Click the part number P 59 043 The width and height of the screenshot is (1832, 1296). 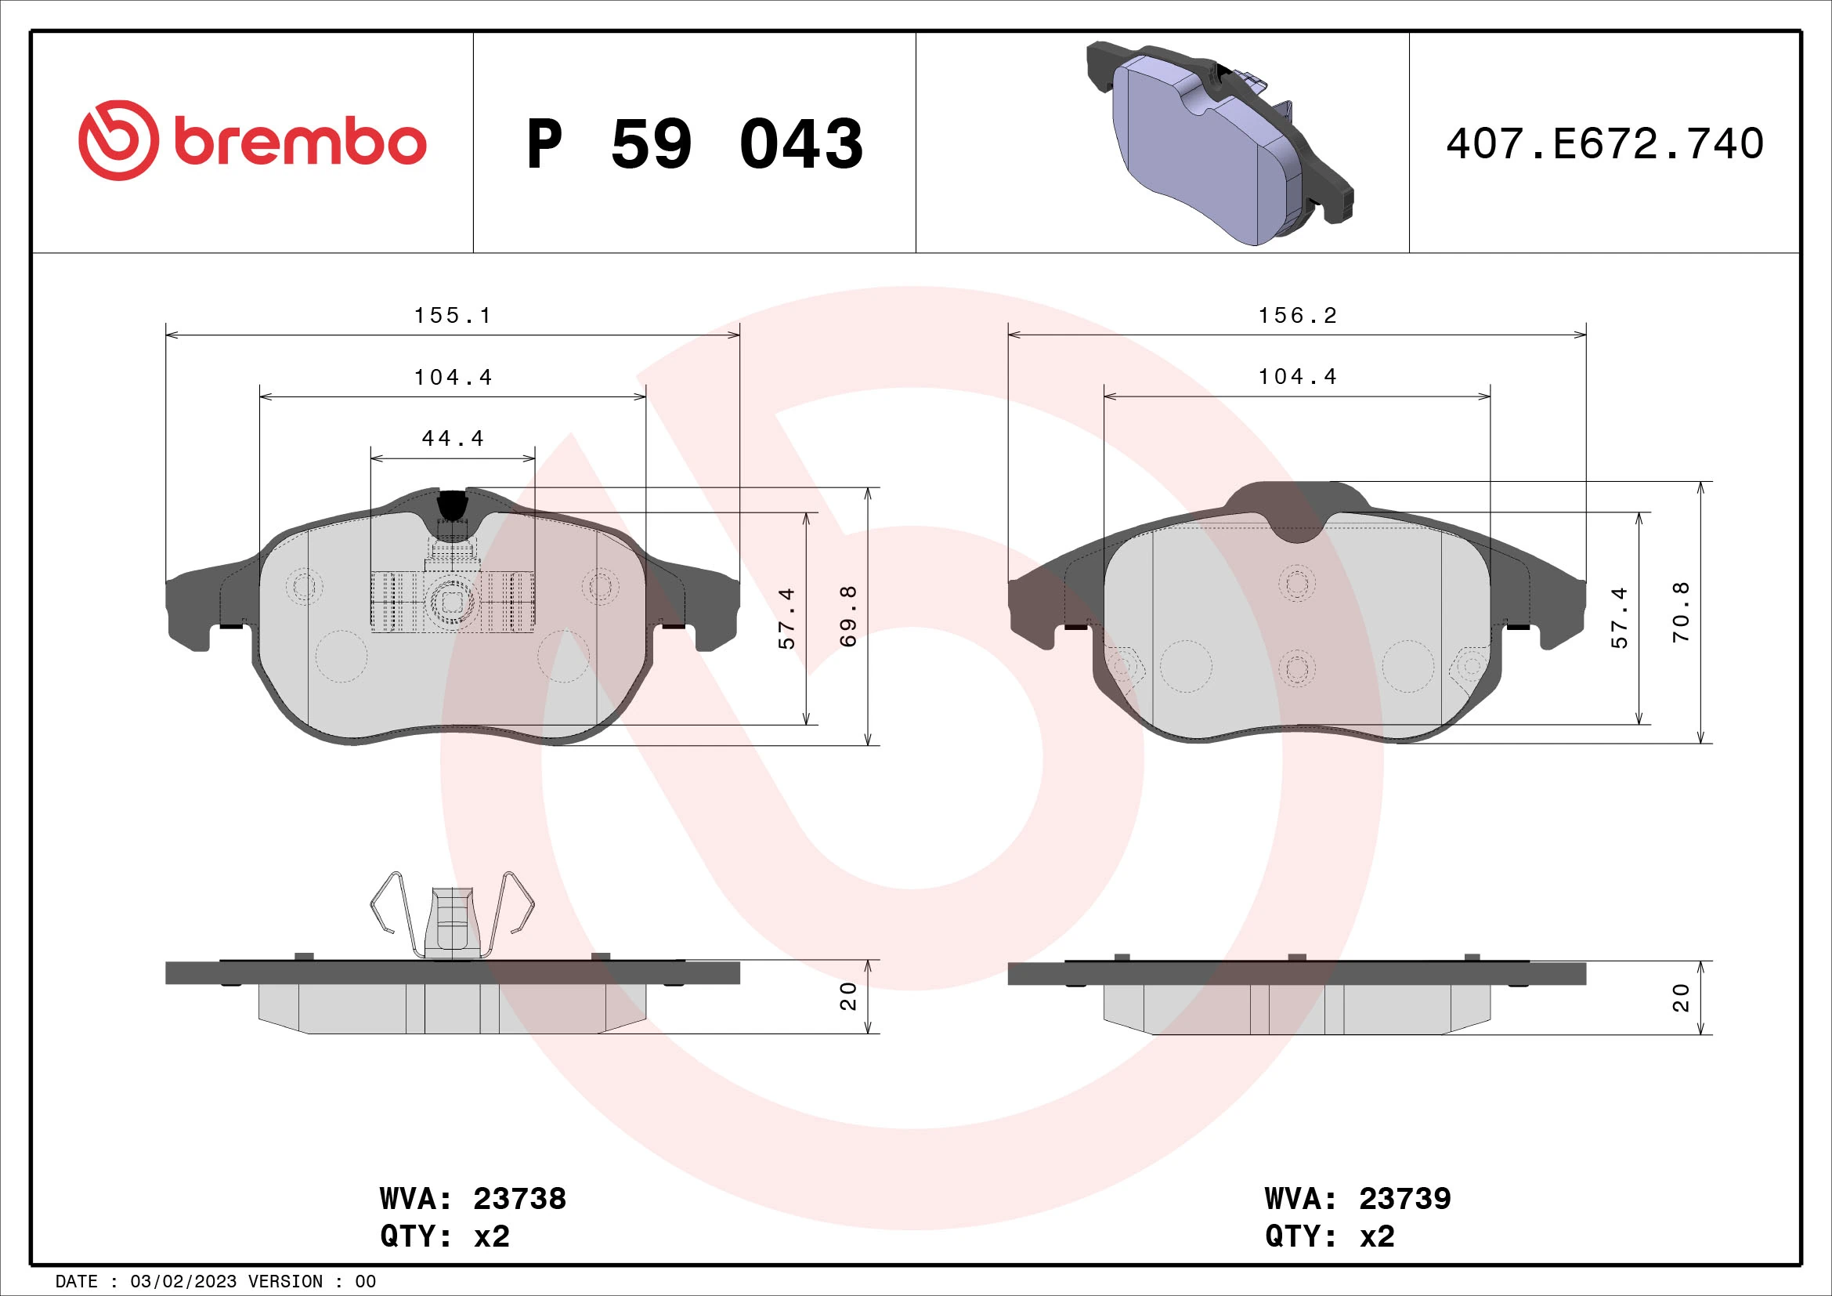click(x=694, y=144)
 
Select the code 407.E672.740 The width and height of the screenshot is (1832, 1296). click(x=1605, y=144)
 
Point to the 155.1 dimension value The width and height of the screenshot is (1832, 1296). click(x=453, y=316)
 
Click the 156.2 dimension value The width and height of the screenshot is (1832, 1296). click(x=1297, y=316)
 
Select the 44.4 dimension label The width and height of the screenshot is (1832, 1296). click(x=453, y=439)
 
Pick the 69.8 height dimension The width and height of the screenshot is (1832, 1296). click(x=849, y=616)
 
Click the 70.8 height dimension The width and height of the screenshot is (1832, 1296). click(x=1681, y=613)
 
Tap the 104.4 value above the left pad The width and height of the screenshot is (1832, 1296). click(x=453, y=378)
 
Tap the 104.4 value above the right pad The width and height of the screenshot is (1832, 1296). click(x=1297, y=377)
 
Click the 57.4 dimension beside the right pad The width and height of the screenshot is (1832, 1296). click(x=1620, y=617)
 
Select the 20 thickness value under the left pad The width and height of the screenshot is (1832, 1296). click(x=848, y=996)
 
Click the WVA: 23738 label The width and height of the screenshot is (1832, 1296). click(x=472, y=1199)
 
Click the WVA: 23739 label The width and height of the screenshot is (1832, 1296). click(x=1357, y=1199)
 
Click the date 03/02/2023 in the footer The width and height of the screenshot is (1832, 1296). click(x=182, y=1282)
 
